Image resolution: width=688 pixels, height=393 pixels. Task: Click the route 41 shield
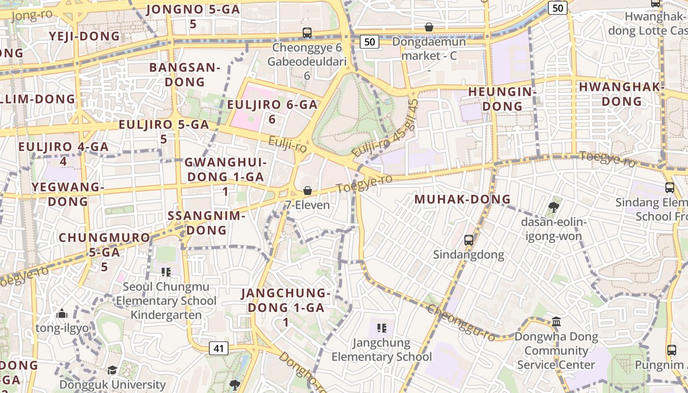click(219, 349)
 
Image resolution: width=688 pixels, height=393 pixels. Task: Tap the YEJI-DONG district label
click(84, 36)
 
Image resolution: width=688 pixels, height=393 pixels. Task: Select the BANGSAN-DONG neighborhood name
click(185, 75)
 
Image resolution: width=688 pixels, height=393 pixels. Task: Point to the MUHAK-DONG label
click(463, 199)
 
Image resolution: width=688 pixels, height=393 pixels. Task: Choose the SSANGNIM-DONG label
click(206, 223)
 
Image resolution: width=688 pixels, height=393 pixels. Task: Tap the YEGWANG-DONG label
click(68, 194)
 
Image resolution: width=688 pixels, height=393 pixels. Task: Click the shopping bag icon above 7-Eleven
click(308, 190)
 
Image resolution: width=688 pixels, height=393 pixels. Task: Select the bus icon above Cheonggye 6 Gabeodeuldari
click(307, 33)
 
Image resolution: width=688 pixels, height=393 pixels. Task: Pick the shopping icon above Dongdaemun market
click(429, 27)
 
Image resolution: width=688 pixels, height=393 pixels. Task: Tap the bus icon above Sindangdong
click(469, 240)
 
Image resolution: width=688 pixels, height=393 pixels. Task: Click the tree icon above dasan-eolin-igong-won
click(553, 207)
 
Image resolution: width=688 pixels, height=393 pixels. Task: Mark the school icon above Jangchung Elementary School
click(381, 328)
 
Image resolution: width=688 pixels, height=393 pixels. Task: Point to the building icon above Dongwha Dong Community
click(556, 322)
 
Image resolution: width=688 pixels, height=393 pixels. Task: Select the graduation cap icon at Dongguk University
click(113, 370)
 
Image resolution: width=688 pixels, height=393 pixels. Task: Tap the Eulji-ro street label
click(287, 144)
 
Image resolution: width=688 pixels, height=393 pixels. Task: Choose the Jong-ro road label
click(31, 15)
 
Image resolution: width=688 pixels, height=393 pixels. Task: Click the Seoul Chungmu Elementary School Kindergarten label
click(166, 301)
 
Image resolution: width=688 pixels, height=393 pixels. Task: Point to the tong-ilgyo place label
click(62, 328)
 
